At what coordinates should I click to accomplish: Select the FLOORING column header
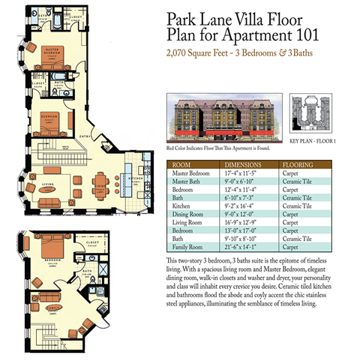(x=297, y=164)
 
